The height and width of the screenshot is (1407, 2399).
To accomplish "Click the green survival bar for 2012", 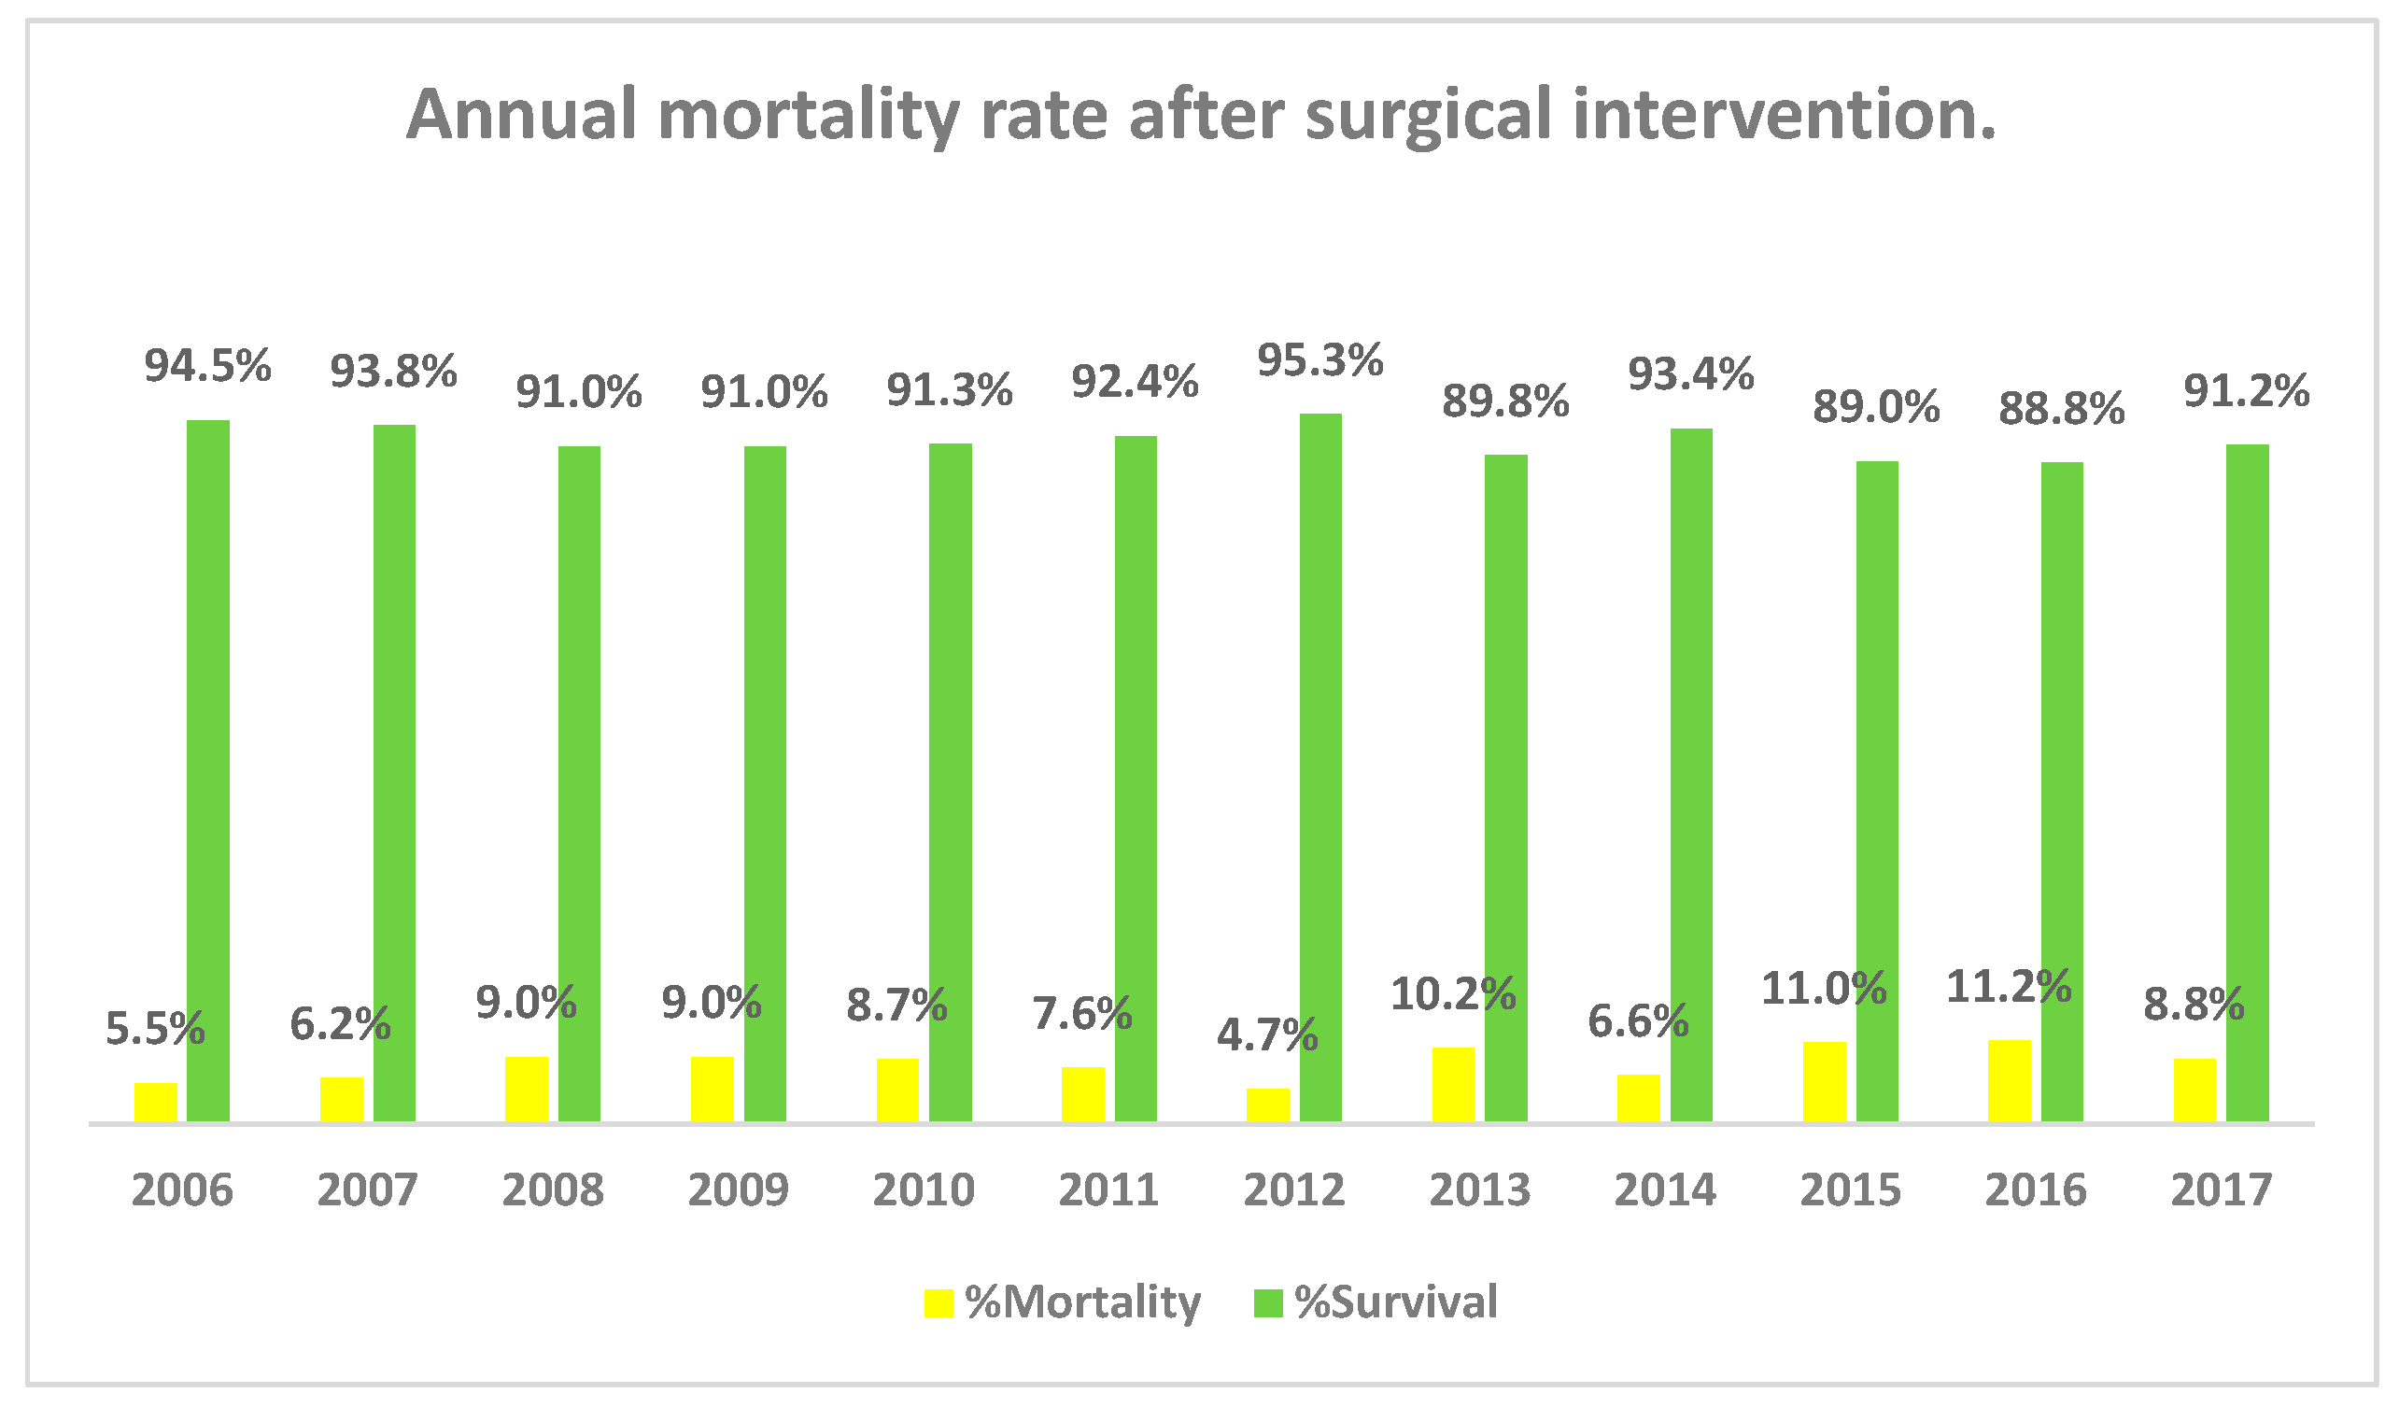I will click(1320, 767).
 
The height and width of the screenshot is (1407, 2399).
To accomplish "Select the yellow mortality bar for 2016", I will click(2009, 1080).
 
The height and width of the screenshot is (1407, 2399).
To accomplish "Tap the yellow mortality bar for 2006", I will click(155, 1102).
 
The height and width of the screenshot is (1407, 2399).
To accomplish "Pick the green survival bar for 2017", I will click(2247, 782).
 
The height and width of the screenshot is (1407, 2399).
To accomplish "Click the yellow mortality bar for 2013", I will click(1453, 1084).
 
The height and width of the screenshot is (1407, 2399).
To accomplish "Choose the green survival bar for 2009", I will click(765, 783).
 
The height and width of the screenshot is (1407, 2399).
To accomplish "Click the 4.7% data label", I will click(1267, 1035).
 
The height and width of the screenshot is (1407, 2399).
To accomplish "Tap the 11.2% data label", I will click(2009, 986).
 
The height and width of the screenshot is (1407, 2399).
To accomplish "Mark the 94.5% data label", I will click(207, 367).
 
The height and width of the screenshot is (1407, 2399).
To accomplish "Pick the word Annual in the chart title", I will click(522, 114).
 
